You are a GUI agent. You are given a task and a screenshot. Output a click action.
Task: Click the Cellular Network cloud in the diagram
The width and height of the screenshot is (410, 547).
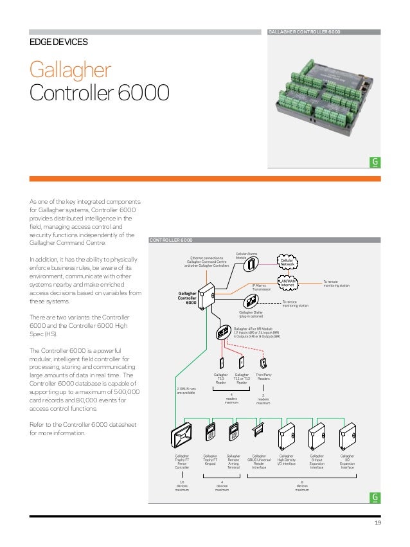(x=287, y=262)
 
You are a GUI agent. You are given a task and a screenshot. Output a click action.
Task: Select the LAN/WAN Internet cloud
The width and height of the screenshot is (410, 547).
(x=287, y=282)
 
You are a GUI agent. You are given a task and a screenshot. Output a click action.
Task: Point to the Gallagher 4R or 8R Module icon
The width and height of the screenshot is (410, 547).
(x=223, y=333)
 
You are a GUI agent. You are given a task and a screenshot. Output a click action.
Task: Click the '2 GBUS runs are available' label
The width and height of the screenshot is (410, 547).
(x=186, y=390)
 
